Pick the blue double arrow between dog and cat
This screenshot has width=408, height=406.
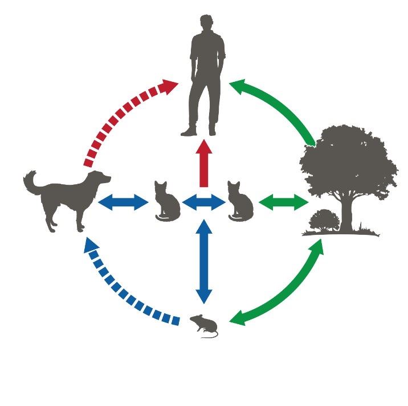point(124,202)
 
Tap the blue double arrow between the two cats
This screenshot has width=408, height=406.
point(203,202)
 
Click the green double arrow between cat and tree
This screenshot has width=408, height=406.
point(284,202)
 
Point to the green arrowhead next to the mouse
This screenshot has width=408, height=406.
point(238,318)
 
